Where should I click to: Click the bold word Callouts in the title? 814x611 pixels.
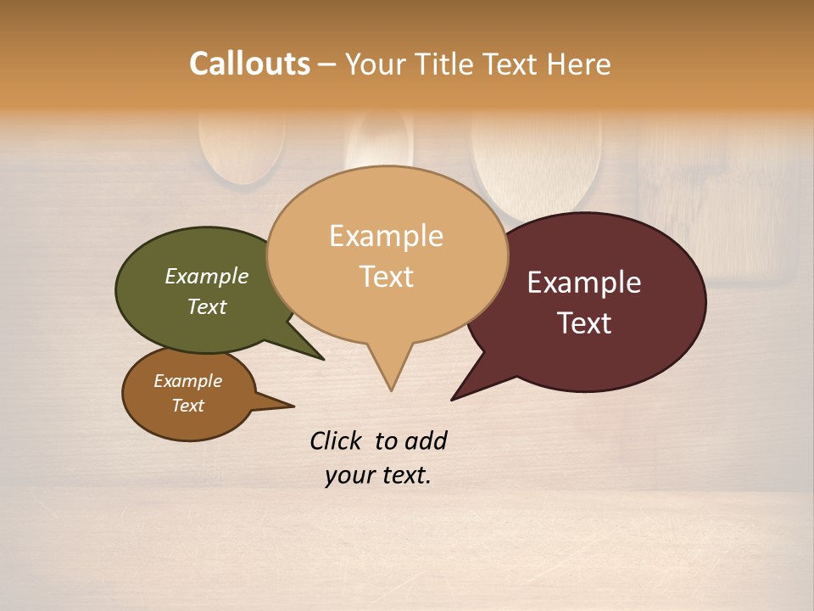[x=249, y=64]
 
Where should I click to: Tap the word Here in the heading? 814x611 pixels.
[x=580, y=64]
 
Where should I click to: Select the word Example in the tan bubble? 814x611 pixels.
[x=386, y=236]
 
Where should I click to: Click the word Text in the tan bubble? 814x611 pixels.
[x=386, y=277]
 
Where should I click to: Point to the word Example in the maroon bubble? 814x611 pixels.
[x=584, y=283]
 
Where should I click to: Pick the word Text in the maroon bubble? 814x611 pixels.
[x=584, y=323]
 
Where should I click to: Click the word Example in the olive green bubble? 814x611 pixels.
[x=206, y=276]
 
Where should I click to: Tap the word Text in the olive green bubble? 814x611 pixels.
[x=206, y=306]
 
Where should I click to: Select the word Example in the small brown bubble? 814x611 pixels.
[x=187, y=381]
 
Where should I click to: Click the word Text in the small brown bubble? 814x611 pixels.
[x=187, y=406]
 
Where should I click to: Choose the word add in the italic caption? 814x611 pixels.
[x=425, y=440]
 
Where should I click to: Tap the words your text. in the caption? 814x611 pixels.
[x=378, y=475]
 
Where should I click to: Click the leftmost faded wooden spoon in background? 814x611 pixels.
[x=242, y=149]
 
